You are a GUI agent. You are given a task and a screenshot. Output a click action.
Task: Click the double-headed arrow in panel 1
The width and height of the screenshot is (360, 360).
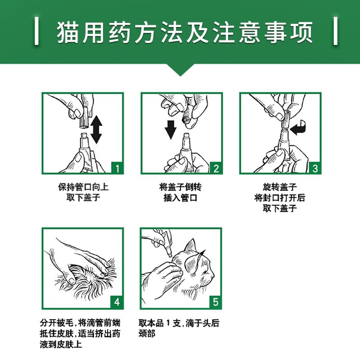coord(96,130)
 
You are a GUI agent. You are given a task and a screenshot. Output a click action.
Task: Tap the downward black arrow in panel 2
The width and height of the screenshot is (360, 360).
coord(171,130)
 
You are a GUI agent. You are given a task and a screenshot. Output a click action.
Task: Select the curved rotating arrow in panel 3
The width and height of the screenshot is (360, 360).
coord(298,128)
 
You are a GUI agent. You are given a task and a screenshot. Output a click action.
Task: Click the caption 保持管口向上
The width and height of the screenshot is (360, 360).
coord(83,187)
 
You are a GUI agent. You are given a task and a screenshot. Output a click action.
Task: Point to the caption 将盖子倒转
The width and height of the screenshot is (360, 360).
coord(180,187)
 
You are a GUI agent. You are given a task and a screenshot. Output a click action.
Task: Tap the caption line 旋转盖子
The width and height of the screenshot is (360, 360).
coord(280,187)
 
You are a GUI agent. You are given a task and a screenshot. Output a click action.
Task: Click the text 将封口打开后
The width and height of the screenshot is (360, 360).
coord(280,198)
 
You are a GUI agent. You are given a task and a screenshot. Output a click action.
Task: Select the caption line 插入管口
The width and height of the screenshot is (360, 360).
coord(180,198)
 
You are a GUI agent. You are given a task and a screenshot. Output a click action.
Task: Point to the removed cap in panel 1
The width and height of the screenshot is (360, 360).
coord(84,117)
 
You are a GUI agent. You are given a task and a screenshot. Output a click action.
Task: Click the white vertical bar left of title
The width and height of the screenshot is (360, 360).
coord(36,31)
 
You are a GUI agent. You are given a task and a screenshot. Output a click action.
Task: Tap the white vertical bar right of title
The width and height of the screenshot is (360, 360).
coord(335,31)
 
